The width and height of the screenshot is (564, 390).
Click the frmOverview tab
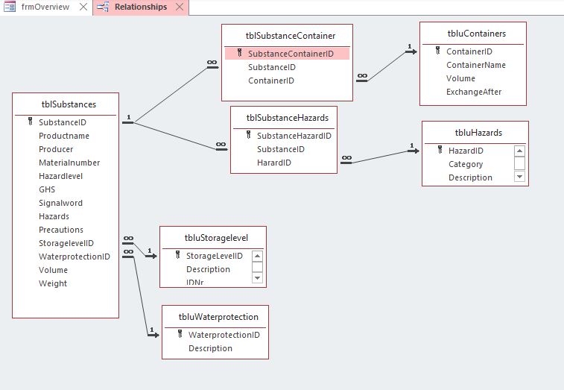tap(45, 7)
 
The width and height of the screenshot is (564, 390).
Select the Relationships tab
tap(141, 7)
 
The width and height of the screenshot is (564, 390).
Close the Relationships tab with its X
tap(179, 7)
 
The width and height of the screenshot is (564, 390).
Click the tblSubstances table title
tap(66, 104)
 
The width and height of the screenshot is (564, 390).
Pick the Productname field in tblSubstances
tap(64, 136)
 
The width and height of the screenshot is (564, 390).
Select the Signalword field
tap(60, 203)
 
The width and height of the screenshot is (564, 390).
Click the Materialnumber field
tap(69, 163)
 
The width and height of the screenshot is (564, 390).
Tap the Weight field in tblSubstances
tap(53, 283)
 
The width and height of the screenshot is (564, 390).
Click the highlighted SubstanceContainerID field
tap(291, 54)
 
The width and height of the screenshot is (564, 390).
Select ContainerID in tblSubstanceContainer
tap(271, 81)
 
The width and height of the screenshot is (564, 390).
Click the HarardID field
tap(274, 163)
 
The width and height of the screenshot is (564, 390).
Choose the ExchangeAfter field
tap(474, 92)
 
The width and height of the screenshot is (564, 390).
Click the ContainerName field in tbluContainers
tap(476, 65)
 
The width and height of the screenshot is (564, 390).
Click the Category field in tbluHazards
tap(466, 164)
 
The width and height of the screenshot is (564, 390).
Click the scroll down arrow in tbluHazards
tap(519, 177)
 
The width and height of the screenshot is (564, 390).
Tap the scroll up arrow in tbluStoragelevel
tap(257, 256)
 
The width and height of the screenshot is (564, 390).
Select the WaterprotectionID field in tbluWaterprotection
tap(224, 335)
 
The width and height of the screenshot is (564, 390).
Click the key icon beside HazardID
tap(440, 151)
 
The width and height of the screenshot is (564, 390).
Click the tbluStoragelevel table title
tap(216, 238)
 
